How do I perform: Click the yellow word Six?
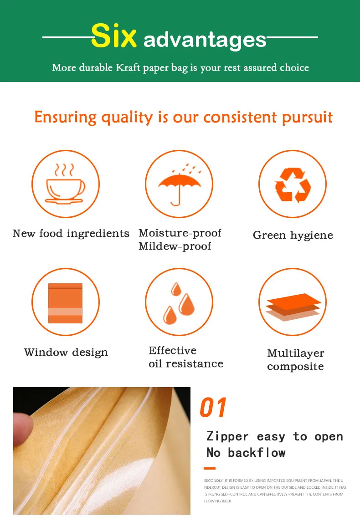pos(113,36)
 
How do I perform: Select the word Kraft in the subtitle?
pos(128,67)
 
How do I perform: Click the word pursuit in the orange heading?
pos(308,118)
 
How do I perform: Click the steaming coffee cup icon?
pos(65,184)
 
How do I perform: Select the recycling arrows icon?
pos(293,184)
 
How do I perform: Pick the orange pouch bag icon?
pos(66,303)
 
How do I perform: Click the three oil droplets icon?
pos(179,303)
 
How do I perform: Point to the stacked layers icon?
pos(293,307)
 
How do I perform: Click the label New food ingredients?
pos(71,234)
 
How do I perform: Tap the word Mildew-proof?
pos(175,246)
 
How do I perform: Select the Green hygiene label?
pos(293,235)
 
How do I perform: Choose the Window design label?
pos(66,353)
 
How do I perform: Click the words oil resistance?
pos(186,364)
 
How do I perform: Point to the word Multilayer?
pos(296,353)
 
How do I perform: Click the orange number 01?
pos(213,407)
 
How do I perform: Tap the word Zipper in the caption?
pos(227,436)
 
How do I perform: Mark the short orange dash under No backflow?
pos(210,468)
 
